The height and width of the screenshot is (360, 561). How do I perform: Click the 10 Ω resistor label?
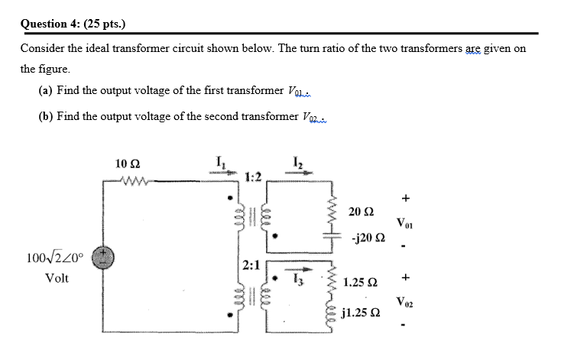(x=128, y=164)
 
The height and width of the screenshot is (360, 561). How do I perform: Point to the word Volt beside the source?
(x=57, y=278)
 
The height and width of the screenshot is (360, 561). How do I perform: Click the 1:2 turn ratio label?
(x=254, y=177)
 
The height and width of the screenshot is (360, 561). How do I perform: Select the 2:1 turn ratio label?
(x=251, y=266)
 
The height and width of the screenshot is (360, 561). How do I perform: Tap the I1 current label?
(x=221, y=162)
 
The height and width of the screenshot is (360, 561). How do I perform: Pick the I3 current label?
(x=297, y=281)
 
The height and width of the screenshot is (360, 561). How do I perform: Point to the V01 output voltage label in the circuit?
(x=406, y=223)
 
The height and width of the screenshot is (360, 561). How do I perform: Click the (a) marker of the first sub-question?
(x=45, y=91)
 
